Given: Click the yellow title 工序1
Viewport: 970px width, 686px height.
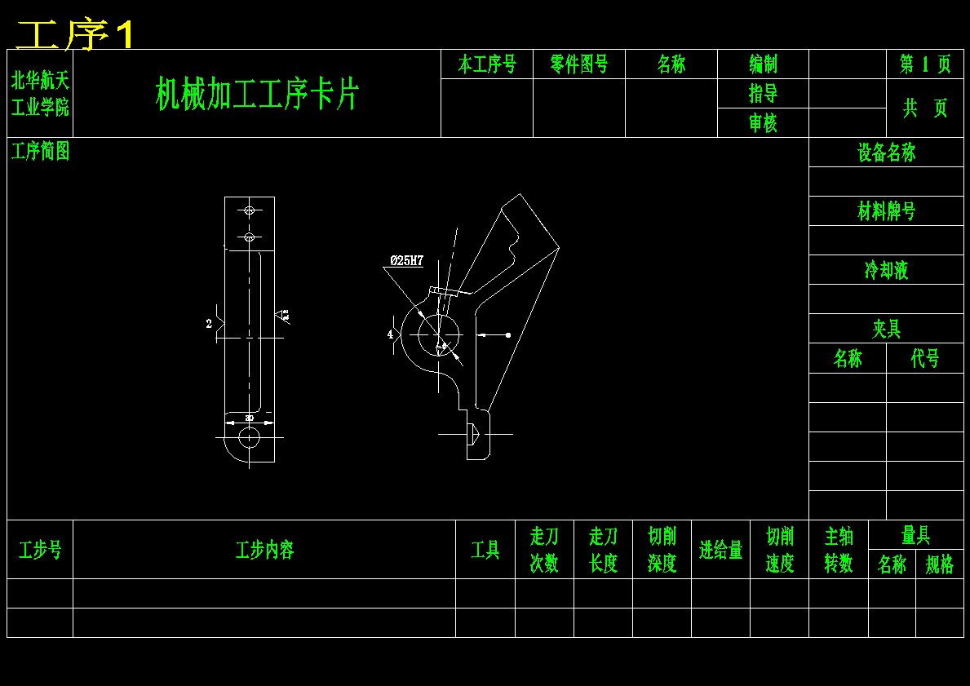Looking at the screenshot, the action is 75,35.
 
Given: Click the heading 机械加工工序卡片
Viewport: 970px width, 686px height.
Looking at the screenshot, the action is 257,94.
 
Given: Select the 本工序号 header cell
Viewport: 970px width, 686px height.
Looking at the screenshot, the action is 487,64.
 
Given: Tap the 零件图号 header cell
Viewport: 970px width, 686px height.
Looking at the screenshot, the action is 579,64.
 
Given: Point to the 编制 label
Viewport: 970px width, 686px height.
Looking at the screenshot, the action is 763,64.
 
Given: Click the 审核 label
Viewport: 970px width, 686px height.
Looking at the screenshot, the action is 763,123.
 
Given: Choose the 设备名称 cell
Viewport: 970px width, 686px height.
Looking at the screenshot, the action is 886,153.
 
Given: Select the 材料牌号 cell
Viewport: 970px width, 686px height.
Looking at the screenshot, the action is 886,211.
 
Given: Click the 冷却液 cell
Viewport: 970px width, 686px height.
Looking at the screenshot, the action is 886,270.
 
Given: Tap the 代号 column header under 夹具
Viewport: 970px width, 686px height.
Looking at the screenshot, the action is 925,359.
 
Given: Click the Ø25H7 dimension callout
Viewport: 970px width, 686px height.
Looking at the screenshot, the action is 406,261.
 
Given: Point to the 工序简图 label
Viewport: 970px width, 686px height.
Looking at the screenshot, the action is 40,151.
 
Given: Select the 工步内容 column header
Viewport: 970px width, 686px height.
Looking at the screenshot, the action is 264,550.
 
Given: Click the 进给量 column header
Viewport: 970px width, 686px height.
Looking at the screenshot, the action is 720,550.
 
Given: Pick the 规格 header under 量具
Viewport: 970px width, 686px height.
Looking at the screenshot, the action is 940,564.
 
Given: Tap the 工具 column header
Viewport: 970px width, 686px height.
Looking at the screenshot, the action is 485,550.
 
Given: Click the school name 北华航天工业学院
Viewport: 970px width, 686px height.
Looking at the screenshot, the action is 40,93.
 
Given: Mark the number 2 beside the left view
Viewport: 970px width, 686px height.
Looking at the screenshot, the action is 209,324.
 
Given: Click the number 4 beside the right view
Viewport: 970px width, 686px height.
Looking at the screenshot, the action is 390,334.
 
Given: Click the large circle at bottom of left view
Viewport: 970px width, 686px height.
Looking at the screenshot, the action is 249,438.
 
